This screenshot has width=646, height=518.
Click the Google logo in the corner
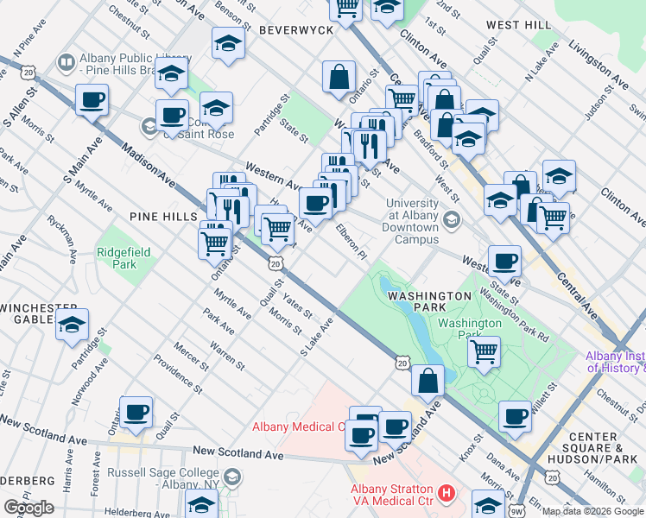point(28,508)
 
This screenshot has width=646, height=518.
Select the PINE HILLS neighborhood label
point(163,216)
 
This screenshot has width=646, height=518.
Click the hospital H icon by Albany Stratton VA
point(446,494)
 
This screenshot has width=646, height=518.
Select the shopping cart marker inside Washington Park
point(484,351)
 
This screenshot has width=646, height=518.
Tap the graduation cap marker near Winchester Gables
point(73,325)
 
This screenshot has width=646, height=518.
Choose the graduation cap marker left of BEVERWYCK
point(228,43)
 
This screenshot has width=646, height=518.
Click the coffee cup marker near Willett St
point(516,416)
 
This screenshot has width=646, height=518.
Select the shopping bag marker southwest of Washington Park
point(427,379)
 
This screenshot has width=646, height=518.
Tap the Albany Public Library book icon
point(66,62)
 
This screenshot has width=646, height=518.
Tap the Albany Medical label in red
point(298,426)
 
